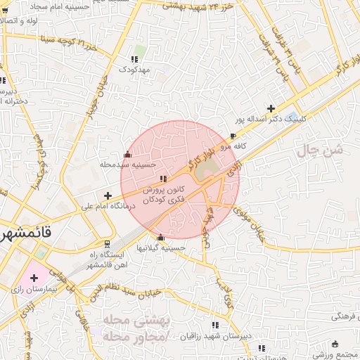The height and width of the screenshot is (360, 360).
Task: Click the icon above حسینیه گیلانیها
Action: (160, 237)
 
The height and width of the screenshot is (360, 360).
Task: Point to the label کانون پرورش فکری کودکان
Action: (164, 195)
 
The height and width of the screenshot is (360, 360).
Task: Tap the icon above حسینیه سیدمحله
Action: (127, 155)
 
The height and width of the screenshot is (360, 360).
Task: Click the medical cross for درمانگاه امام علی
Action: (107, 195)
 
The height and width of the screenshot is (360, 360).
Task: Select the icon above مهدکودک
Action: (134, 59)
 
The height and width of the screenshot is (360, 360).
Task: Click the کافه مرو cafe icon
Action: (233, 136)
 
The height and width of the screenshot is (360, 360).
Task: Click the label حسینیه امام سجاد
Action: (56, 6)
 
